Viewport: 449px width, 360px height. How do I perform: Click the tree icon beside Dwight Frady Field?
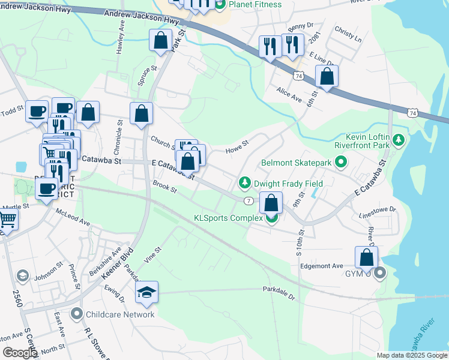tap(244, 182)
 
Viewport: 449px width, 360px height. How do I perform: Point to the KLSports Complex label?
tap(228, 218)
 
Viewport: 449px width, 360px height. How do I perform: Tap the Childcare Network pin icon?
tap(76, 314)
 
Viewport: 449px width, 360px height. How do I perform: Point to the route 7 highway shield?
tap(247, 200)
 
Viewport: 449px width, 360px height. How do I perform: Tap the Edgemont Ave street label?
tap(321, 266)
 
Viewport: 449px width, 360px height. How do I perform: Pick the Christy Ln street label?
tap(349, 35)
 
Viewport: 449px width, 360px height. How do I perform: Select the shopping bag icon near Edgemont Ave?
tap(367, 257)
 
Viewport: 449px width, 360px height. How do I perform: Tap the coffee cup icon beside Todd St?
tap(37, 111)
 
